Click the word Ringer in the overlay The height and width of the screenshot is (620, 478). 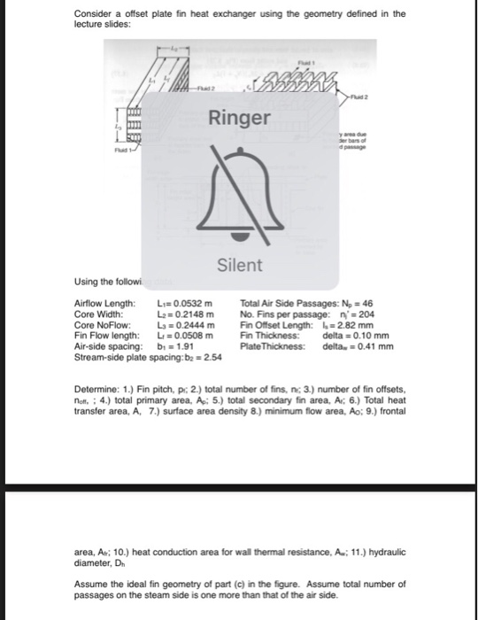[238, 118]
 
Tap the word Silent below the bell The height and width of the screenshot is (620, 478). [238, 265]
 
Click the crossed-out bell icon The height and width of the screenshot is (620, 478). [238, 196]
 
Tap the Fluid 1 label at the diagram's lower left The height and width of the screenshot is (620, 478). [85, 159]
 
